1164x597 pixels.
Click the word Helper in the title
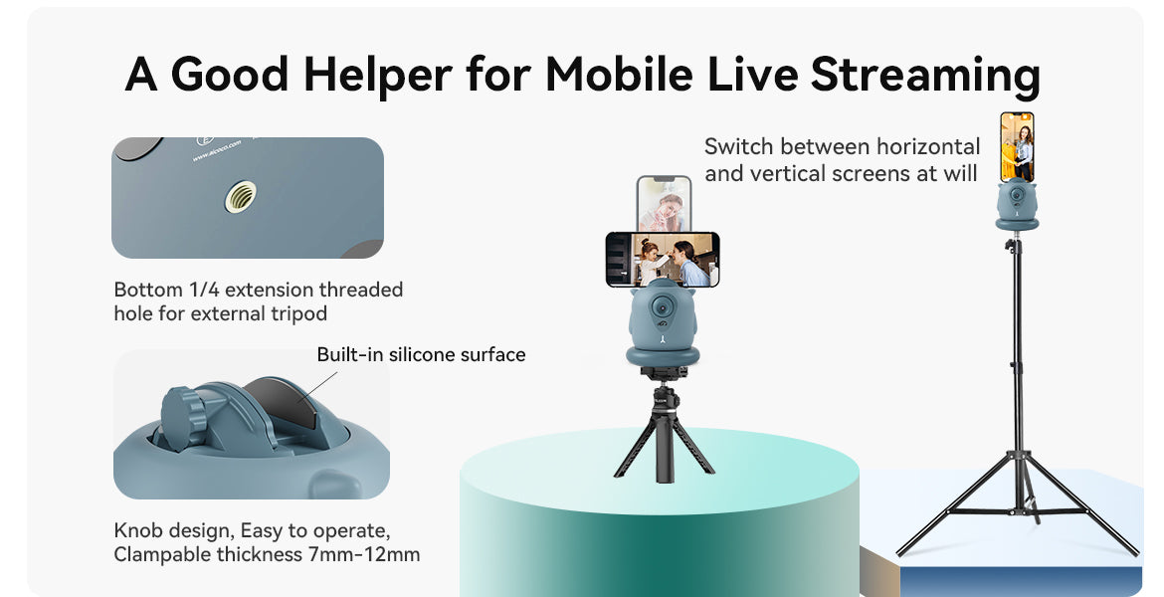[377, 76]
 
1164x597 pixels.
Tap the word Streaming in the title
[925, 76]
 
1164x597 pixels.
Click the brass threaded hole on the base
[241, 197]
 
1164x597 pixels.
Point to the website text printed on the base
[217, 150]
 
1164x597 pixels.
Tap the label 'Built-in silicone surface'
[421, 355]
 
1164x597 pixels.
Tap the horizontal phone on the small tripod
[663, 259]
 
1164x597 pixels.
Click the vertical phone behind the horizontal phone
[664, 203]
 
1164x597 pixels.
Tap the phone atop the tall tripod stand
[1017, 147]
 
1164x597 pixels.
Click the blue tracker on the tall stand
[1017, 205]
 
